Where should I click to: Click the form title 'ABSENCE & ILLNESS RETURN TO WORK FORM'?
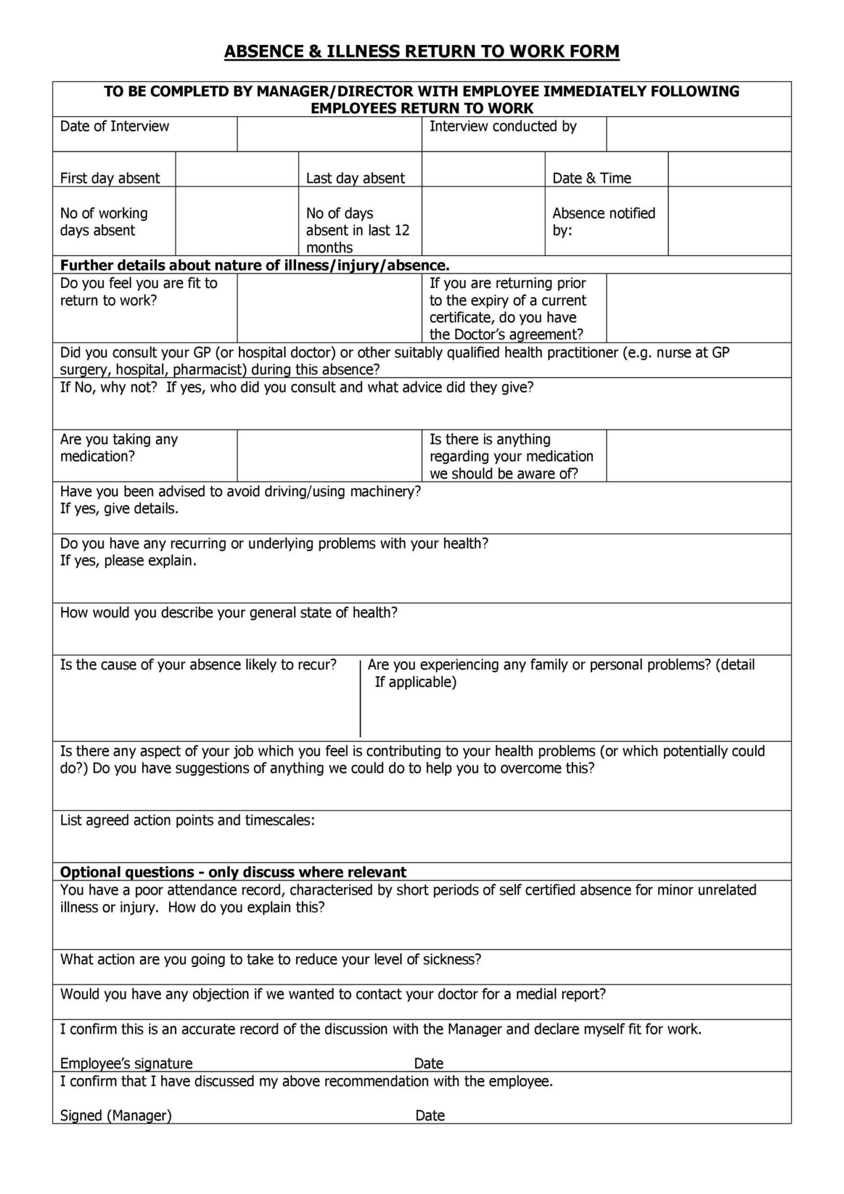click(421, 52)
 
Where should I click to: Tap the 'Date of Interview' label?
click(114, 127)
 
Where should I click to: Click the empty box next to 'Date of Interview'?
click(329, 134)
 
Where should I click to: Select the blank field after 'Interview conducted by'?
click(698, 134)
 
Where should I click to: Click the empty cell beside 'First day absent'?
click(237, 169)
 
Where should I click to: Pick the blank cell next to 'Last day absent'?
click(483, 169)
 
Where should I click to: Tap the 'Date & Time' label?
click(592, 178)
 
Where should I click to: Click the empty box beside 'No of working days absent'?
click(237, 221)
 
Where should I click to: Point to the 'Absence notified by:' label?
click(604, 222)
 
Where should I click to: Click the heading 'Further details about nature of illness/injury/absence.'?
click(255, 266)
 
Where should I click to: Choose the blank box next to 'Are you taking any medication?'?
click(329, 455)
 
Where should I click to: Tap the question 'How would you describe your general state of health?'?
click(229, 613)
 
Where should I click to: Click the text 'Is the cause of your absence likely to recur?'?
click(198, 665)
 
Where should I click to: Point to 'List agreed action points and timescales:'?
click(188, 820)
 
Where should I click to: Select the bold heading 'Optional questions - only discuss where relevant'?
click(233, 872)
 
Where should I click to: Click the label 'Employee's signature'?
click(126, 1063)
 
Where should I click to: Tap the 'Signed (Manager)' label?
click(116, 1115)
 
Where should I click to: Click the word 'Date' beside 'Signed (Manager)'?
click(430, 1115)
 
